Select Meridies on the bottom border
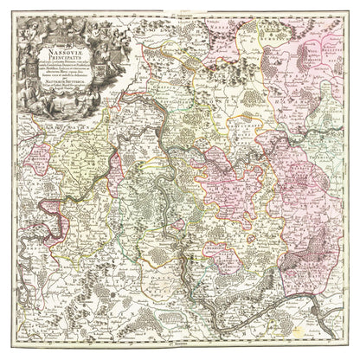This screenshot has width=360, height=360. [180, 349]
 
